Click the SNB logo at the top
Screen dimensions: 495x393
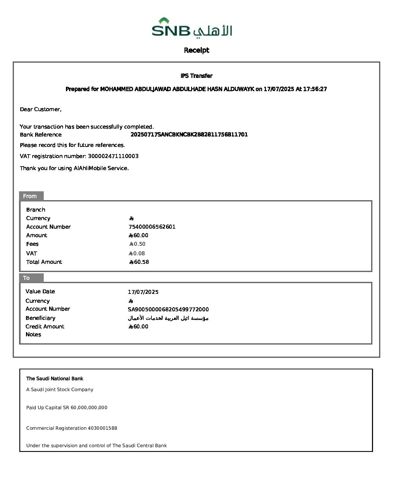click(192, 28)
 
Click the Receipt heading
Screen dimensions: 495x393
click(196, 50)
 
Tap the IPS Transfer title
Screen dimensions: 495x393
click(196, 76)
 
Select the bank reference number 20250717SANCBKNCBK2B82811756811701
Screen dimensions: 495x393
click(189, 135)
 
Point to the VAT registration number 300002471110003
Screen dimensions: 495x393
click(113, 156)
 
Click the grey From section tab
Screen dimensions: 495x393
click(31, 196)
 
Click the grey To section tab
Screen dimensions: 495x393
click(31, 278)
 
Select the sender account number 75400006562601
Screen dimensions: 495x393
click(152, 227)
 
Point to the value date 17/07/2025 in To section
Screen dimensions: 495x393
click(143, 292)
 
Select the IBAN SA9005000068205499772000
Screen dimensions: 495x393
click(168, 309)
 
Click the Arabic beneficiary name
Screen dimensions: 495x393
click(168, 318)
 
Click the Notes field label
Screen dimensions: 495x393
click(33, 334)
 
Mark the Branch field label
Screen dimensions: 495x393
click(35, 210)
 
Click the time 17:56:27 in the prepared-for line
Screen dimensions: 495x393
click(315, 89)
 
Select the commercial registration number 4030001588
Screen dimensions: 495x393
click(102, 428)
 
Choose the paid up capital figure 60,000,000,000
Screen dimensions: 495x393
click(89, 408)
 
